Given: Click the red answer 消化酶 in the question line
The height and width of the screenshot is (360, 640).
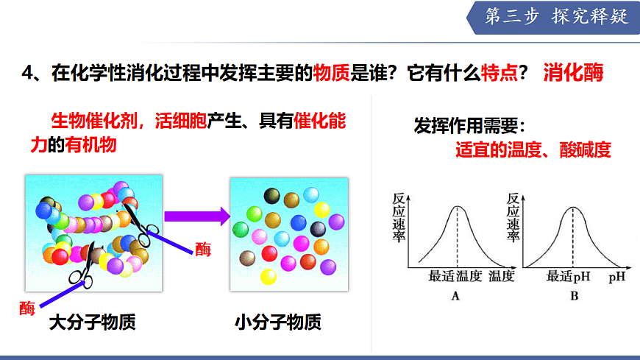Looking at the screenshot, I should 573,73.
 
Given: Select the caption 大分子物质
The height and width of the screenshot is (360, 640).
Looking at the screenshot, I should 93,322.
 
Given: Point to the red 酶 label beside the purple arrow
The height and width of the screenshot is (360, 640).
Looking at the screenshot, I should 203,249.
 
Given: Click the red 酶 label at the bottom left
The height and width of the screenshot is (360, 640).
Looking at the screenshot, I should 27,308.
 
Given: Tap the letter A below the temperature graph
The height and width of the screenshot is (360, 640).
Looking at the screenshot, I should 455,296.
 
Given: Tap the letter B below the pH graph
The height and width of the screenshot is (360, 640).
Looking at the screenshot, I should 574,296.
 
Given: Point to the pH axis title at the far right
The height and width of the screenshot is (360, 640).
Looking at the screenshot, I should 616,278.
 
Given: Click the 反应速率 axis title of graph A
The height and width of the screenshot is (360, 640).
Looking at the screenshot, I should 398,217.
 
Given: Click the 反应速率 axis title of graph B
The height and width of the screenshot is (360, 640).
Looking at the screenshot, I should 514,217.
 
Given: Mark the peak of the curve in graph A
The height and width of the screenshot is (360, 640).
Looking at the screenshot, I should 458,207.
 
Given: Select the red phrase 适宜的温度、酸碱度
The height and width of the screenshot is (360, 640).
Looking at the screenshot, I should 533,150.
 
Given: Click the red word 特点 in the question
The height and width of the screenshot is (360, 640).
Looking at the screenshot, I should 502,73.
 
